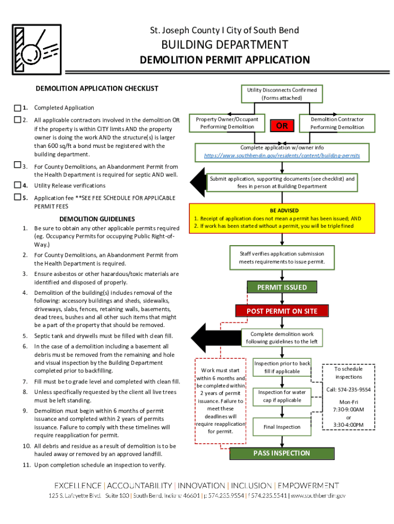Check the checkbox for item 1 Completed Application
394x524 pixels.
(x=17, y=108)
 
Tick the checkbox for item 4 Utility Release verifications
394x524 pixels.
(x=17, y=185)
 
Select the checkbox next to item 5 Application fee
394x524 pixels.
(x=17, y=198)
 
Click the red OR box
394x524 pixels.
(x=282, y=126)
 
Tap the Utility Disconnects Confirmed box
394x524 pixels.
(x=282, y=94)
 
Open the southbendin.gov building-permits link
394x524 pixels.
(x=282, y=155)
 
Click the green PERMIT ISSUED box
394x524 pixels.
(x=281, y=287)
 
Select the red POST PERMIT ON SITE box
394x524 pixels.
(x=282, y=311)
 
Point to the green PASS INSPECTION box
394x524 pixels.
(x=281, y=453)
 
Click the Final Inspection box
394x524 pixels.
(x=282, y=427)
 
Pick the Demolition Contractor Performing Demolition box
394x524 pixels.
(x=337, y=123)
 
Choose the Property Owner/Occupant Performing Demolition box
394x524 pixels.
(x=227, y=123)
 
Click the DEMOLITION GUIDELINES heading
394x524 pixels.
(x=97, y=219)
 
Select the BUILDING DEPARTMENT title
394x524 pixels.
(x=225, y=45)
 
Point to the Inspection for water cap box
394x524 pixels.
(x=282, y=396)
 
